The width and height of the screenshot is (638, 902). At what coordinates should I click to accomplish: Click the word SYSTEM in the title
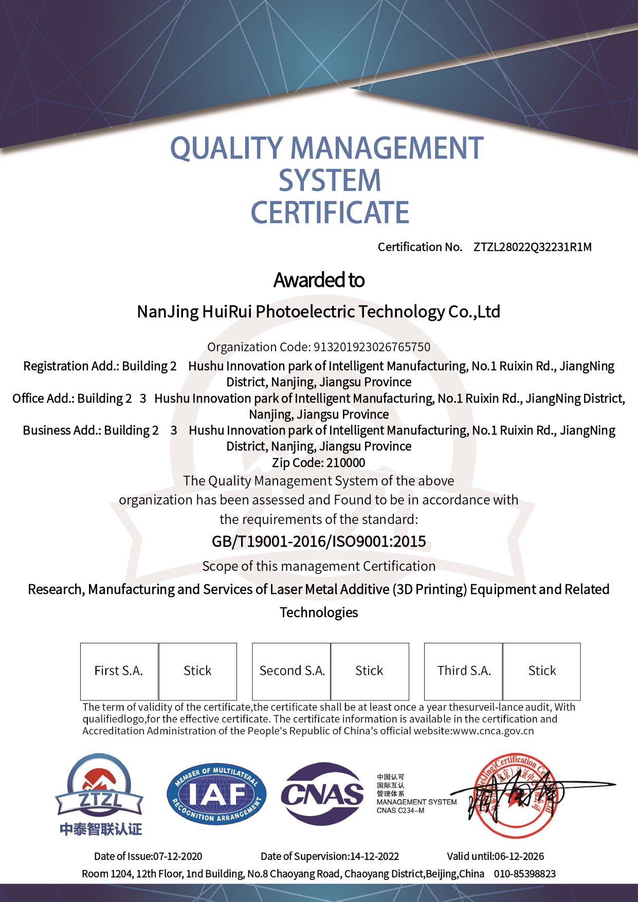coord(330,181)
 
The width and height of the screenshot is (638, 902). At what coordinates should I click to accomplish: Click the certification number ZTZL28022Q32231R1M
coord(532,247)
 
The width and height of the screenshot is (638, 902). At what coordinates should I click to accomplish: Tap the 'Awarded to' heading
coord(319,280)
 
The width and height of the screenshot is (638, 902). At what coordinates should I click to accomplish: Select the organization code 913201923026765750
coord(372,347)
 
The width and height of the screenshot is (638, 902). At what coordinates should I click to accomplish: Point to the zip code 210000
coord(346,463)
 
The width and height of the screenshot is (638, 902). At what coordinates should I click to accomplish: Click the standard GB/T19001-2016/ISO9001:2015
coord(319,542)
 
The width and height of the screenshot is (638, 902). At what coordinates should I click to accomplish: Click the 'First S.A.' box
coord(119,671)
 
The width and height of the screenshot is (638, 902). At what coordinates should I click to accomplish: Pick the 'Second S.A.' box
coord(291,671)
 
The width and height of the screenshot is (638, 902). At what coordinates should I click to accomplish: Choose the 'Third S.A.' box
coord(464,671)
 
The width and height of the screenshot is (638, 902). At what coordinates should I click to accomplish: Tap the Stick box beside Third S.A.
coord(542,671)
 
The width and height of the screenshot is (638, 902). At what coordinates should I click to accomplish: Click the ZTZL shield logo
coord(100,787)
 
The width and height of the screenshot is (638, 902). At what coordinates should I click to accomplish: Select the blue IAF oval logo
coord(216,793)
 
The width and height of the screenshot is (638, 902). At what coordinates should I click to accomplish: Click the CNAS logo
coord(322,794)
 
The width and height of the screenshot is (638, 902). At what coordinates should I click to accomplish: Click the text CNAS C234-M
coord(400,811)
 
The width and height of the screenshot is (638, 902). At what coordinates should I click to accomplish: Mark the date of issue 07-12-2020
coord(178,856)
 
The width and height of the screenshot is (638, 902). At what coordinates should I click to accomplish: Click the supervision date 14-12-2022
coord(374,856)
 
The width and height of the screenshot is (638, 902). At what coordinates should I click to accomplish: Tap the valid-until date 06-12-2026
coord(519,856)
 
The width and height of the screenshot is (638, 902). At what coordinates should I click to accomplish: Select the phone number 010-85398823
coord(525,874)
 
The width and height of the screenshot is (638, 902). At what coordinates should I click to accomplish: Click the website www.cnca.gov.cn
coord(493,731)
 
